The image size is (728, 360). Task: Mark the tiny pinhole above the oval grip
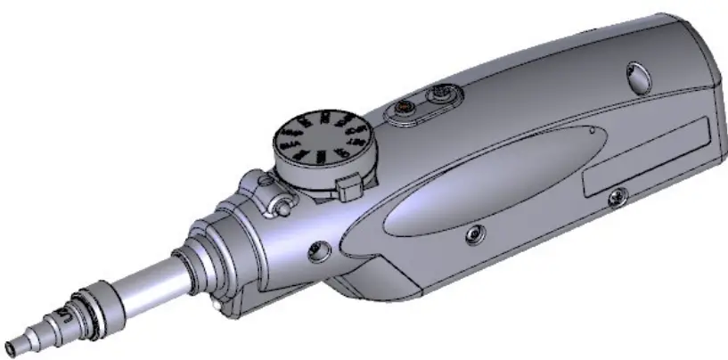[x=591, y=127]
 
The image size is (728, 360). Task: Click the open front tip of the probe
[x=11, y=343]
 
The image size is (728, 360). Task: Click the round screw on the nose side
[x=315, y=252]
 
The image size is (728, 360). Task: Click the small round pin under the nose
[x=217, y=306]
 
